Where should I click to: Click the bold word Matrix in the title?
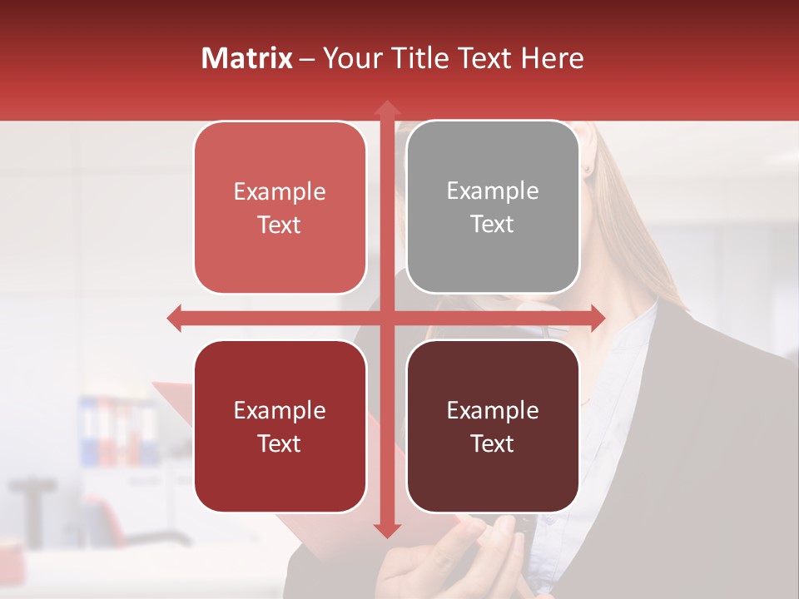click(246, 58)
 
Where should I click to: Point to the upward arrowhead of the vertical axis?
click(386, 108)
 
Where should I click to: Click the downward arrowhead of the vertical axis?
click(386, 530)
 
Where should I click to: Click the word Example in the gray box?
click(493, 191)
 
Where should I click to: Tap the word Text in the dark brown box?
click(493, 444)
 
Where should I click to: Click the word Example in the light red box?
click(280, 192)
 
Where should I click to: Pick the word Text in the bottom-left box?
click(280, 444)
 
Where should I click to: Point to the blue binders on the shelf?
click(90, 431)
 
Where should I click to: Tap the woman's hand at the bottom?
click(466, 557)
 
